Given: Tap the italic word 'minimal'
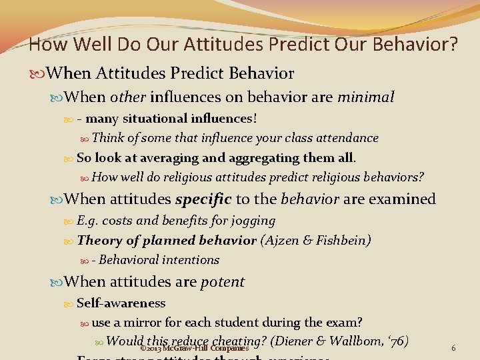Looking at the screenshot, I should point(365,97).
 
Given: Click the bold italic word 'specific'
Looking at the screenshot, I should point(203,199).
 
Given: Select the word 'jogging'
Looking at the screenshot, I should point(253,221).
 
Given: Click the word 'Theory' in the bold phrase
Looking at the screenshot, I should point(97,241).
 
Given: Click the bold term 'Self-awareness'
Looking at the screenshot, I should point(121,303).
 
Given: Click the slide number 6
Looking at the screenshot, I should point(453,348).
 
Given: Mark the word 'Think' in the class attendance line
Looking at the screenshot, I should point(107,138).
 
